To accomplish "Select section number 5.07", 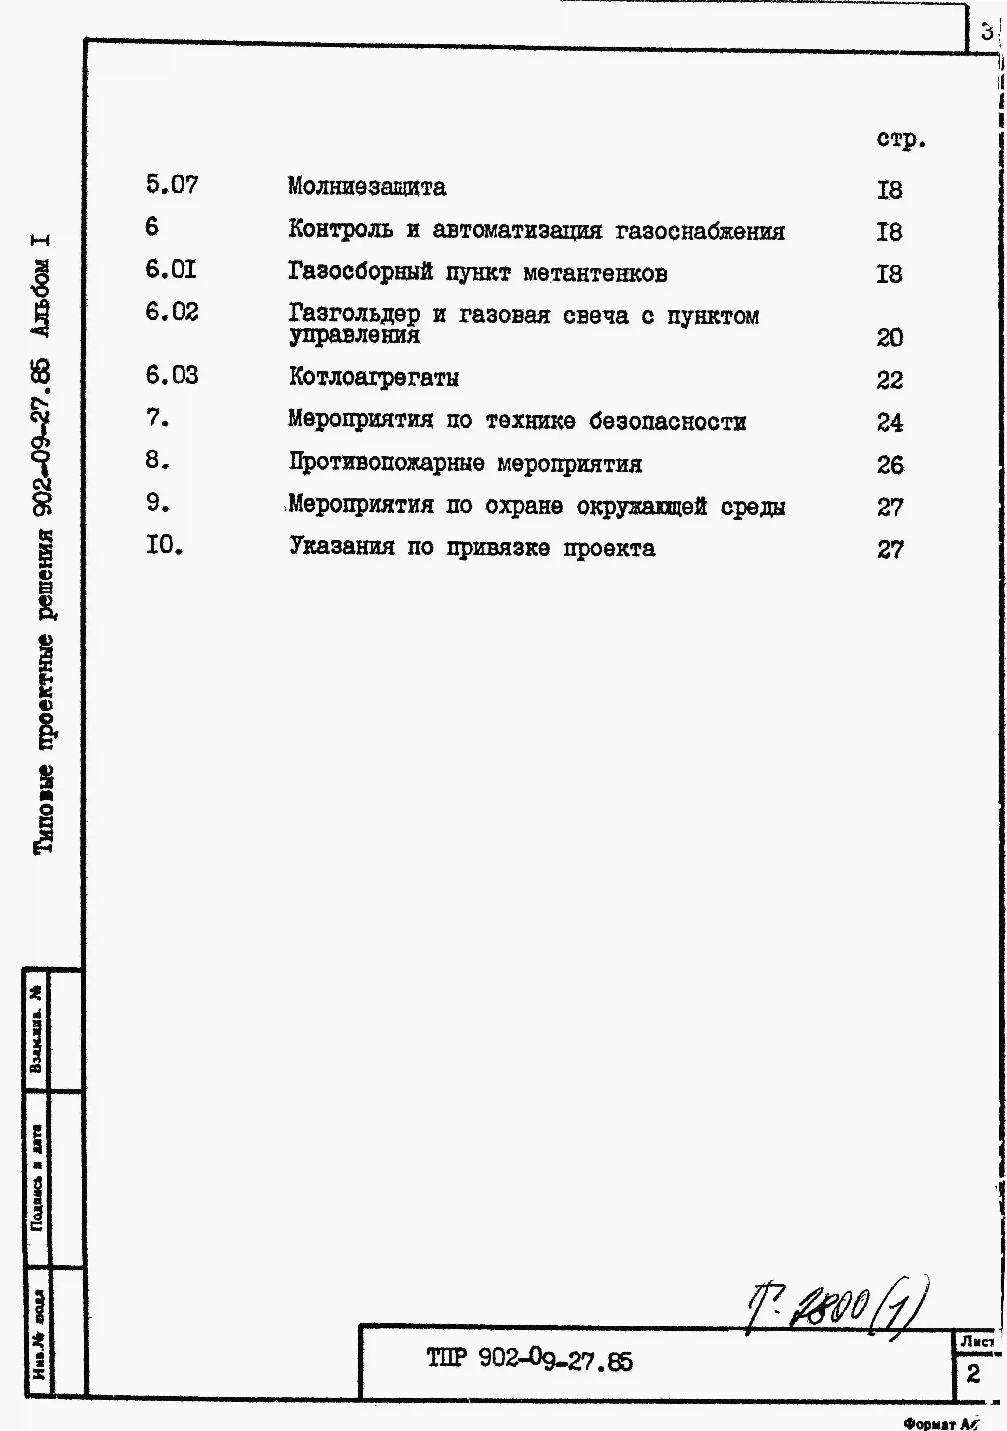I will [x=172, y=185].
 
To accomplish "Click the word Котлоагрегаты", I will [x=374, y=378].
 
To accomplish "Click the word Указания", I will [x=342, y=547].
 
